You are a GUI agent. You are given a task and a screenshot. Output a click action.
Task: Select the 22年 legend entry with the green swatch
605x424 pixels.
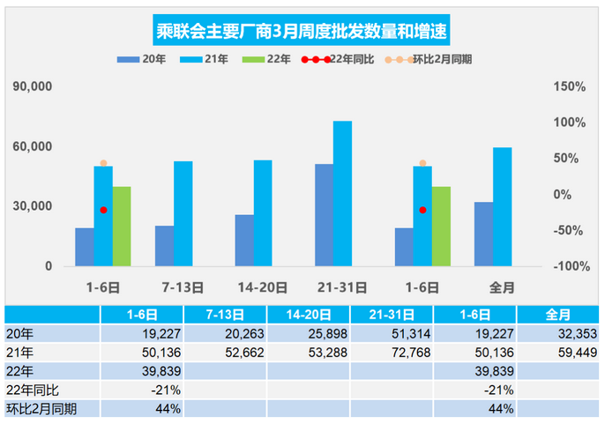[x=271, y=60]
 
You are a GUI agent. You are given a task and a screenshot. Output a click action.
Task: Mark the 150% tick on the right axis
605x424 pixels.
[x=569, y=87]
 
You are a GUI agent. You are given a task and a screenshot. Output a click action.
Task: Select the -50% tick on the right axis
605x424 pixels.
[x=569, y=231]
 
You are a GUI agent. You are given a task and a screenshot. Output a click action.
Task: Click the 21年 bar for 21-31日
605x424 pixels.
[x=342, y=193]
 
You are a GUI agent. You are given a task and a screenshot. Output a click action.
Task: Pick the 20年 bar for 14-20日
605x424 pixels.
[x=244, y=240]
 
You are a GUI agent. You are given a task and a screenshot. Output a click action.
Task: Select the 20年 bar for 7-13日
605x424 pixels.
[x=164, y=246]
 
